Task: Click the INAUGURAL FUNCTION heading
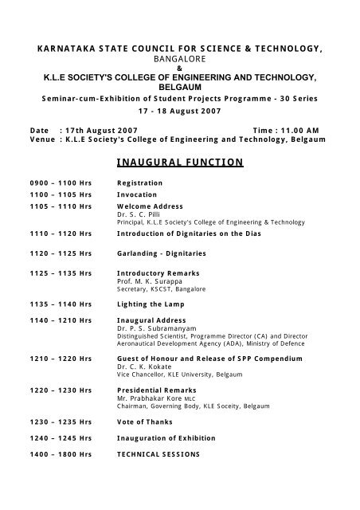(179, 162)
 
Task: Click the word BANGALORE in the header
(179, 58)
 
